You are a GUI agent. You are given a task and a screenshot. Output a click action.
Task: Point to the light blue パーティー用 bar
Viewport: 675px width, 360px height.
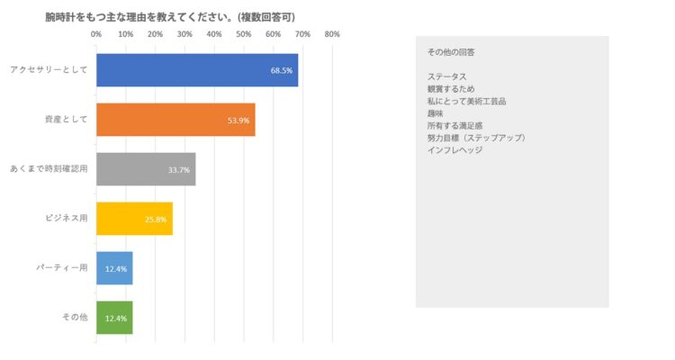114,268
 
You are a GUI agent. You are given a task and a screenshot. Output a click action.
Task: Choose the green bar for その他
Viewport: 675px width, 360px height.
114,318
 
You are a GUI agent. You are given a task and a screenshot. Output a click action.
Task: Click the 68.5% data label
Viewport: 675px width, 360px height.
282,70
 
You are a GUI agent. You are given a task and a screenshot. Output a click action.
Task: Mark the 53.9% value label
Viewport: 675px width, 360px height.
239,120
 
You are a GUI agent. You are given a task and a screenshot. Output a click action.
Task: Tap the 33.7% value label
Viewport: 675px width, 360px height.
179,169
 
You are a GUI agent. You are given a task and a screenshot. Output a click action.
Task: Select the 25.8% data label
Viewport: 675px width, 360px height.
156,219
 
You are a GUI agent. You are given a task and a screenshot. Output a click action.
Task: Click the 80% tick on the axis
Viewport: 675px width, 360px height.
332,34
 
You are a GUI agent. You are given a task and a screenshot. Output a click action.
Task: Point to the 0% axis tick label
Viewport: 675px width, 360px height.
96,34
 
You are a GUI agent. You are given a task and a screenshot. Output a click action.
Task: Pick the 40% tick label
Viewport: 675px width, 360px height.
214,34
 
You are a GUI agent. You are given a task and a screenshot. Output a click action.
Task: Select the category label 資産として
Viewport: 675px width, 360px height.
65,120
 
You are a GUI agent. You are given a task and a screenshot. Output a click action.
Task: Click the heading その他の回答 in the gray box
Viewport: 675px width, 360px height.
451,52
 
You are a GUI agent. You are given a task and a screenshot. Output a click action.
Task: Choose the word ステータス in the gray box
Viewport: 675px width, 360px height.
447,77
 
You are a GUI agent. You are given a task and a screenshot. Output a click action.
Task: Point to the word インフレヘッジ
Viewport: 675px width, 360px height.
454,149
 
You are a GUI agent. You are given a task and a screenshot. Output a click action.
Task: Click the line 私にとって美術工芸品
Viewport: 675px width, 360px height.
466,102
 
